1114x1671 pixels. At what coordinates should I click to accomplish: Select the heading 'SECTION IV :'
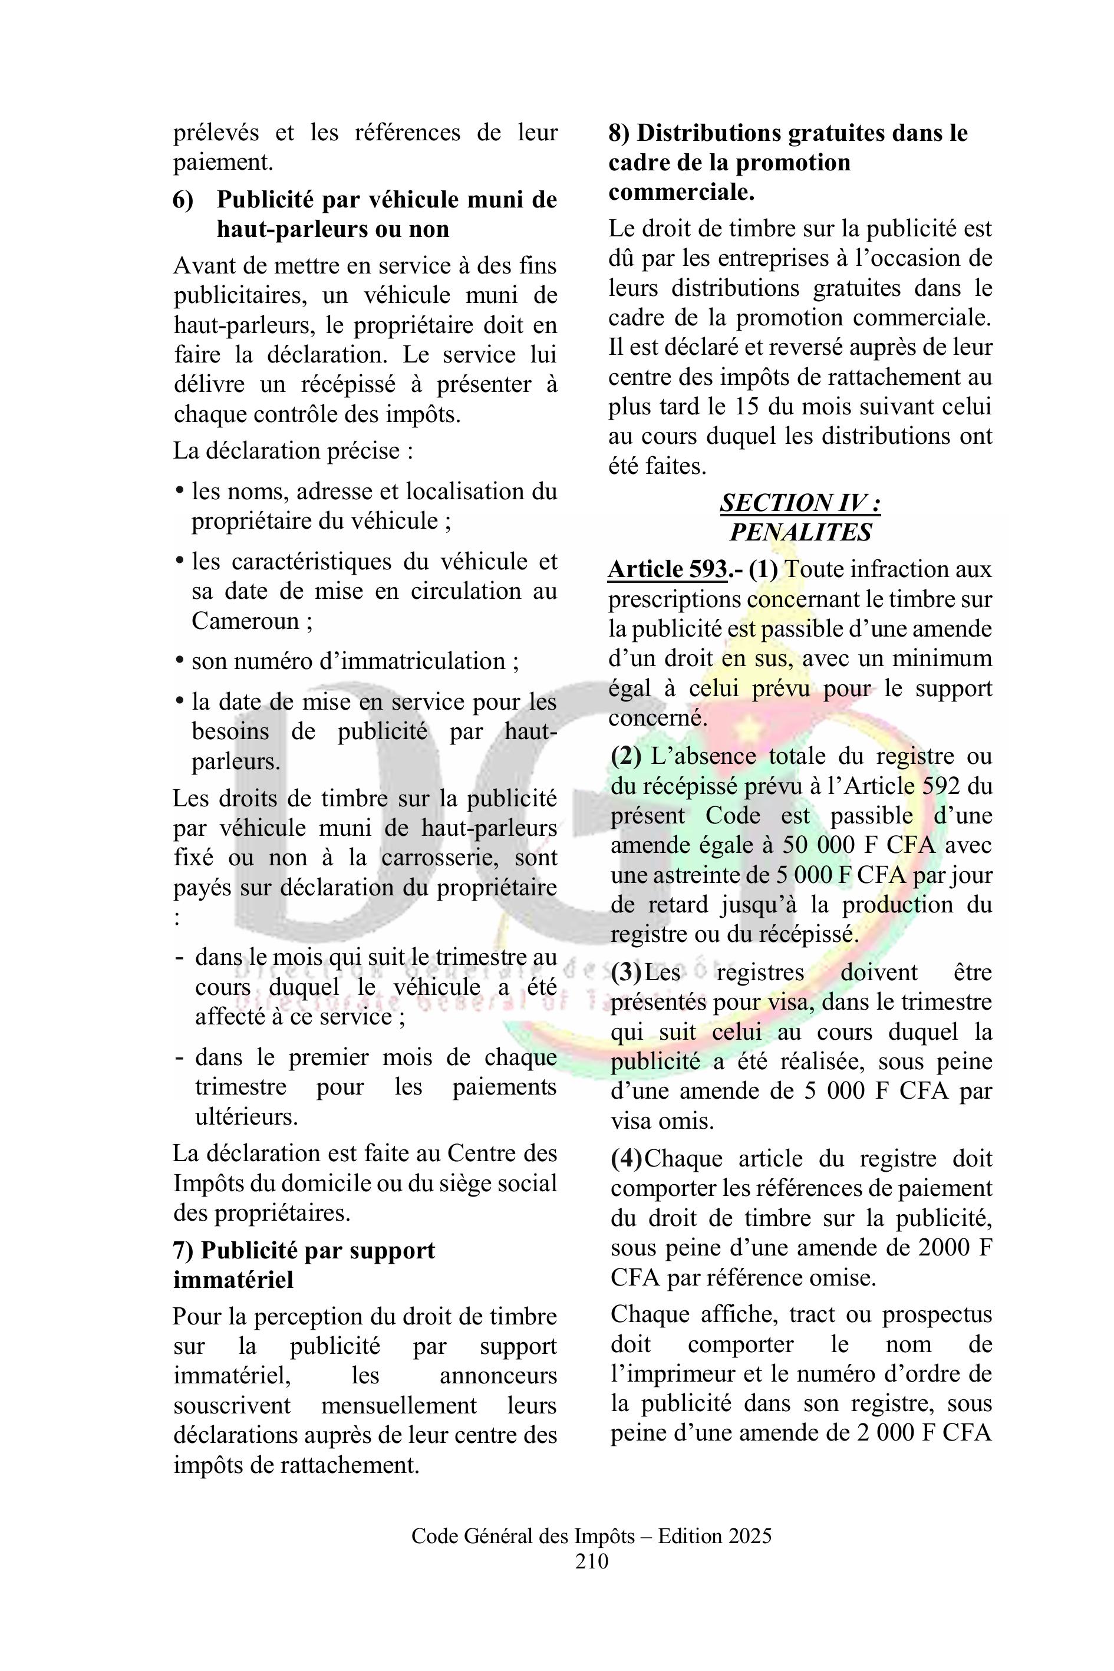(800, 502)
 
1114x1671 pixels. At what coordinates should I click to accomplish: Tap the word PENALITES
(800, 532)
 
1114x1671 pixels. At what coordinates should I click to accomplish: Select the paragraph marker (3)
(626, 972)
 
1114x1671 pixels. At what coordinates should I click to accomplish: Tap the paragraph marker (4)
(626, 1159)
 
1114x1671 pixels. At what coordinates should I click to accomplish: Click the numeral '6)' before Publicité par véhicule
(183, 200)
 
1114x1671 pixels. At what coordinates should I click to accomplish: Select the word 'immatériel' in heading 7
(233, 1280)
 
